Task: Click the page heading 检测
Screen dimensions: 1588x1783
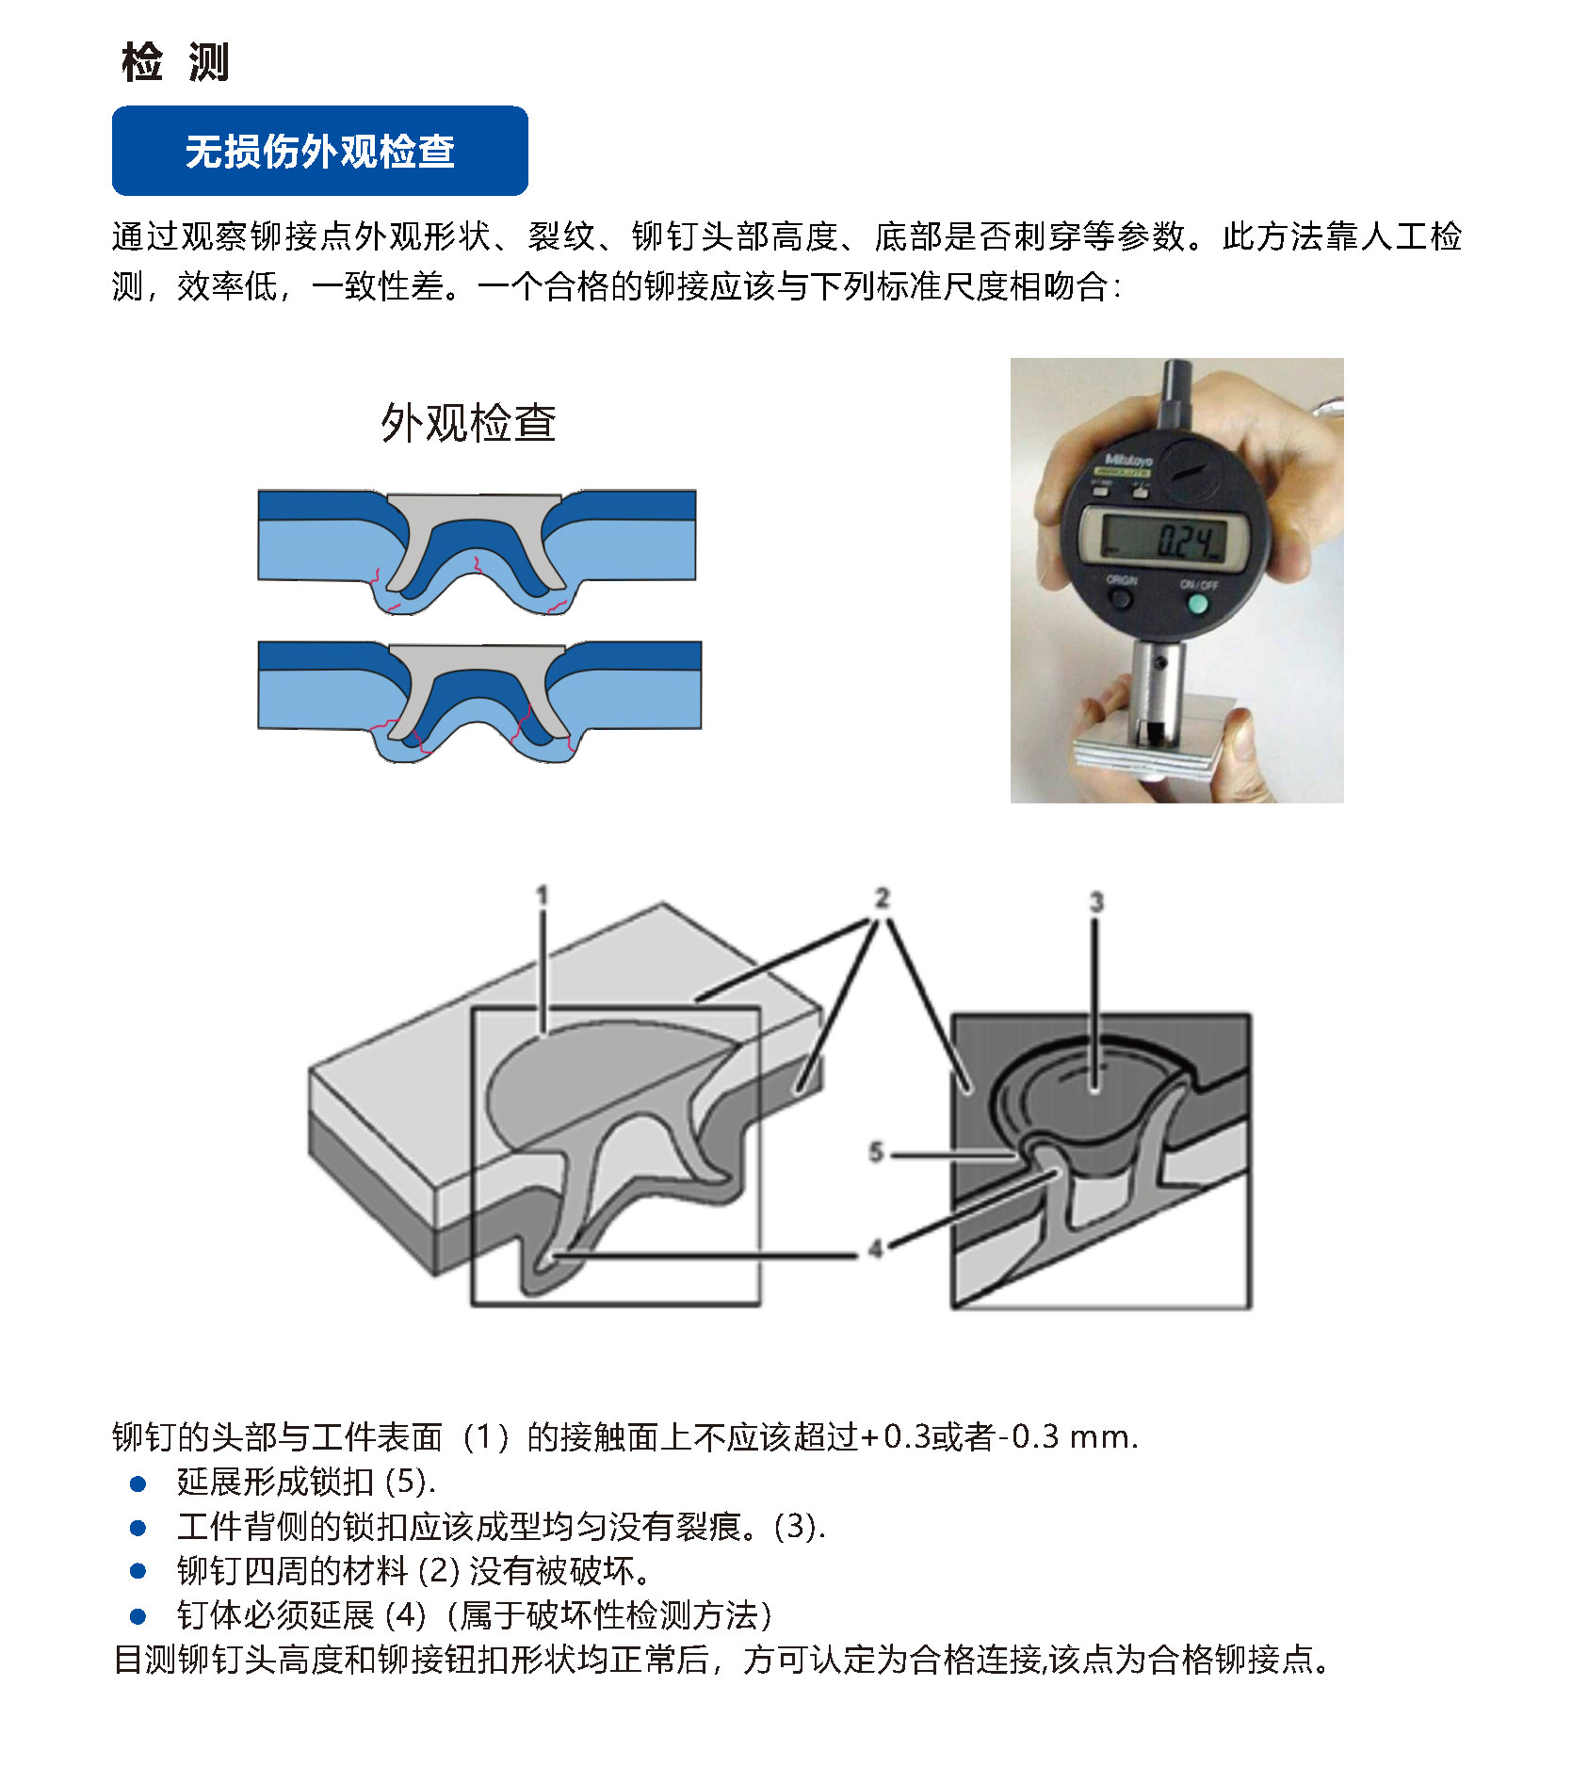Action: (x=175, y=62)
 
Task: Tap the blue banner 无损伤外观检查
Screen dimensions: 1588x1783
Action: (x=319, y=151)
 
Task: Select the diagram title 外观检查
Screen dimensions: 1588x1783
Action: (x=468, y=422)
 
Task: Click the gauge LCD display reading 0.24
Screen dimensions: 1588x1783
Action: (x=1166, y=540)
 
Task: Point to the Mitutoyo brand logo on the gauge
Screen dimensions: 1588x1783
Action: (x=1127, y=462)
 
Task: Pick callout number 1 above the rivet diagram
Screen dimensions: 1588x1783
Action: (x=542, y=895)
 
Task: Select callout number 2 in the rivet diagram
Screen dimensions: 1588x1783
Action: (x=882, y=898)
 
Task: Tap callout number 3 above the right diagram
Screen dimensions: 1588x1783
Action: (x=1095, y=901)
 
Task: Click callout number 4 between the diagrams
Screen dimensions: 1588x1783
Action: (x=876, y=1249)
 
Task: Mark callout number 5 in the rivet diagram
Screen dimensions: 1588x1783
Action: (x=876, y=1152)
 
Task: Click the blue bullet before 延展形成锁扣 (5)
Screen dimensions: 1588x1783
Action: (x=138, y=1483)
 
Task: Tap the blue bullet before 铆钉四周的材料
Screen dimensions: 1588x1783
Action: (x=138, y=1571)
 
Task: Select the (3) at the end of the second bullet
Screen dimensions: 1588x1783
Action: (x=800, y=1526)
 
